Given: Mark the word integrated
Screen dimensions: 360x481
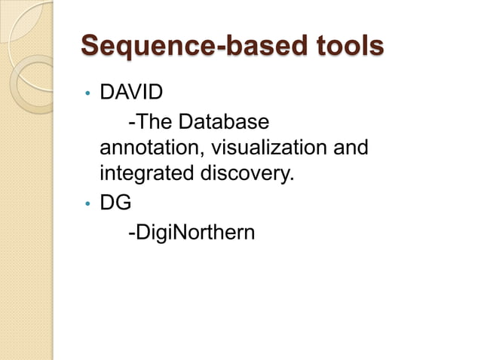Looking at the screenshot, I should (x=146, y=175).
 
